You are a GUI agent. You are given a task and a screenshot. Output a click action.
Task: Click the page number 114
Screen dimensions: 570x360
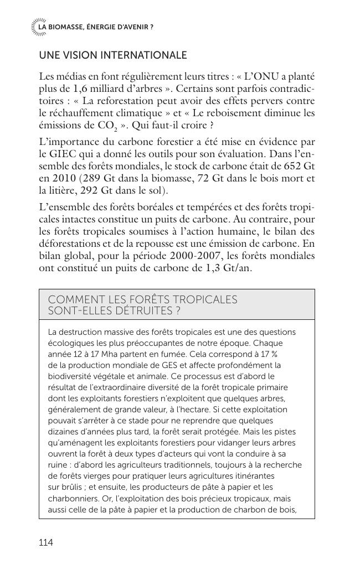(x=46, y=542)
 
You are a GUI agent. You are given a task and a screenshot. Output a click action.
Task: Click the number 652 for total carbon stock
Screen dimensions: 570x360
(x=292, y=166)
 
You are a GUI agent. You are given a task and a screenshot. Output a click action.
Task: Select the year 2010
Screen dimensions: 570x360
(x=63, y=178)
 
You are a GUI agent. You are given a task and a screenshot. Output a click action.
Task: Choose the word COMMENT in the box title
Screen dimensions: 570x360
(x=73, y=300)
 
